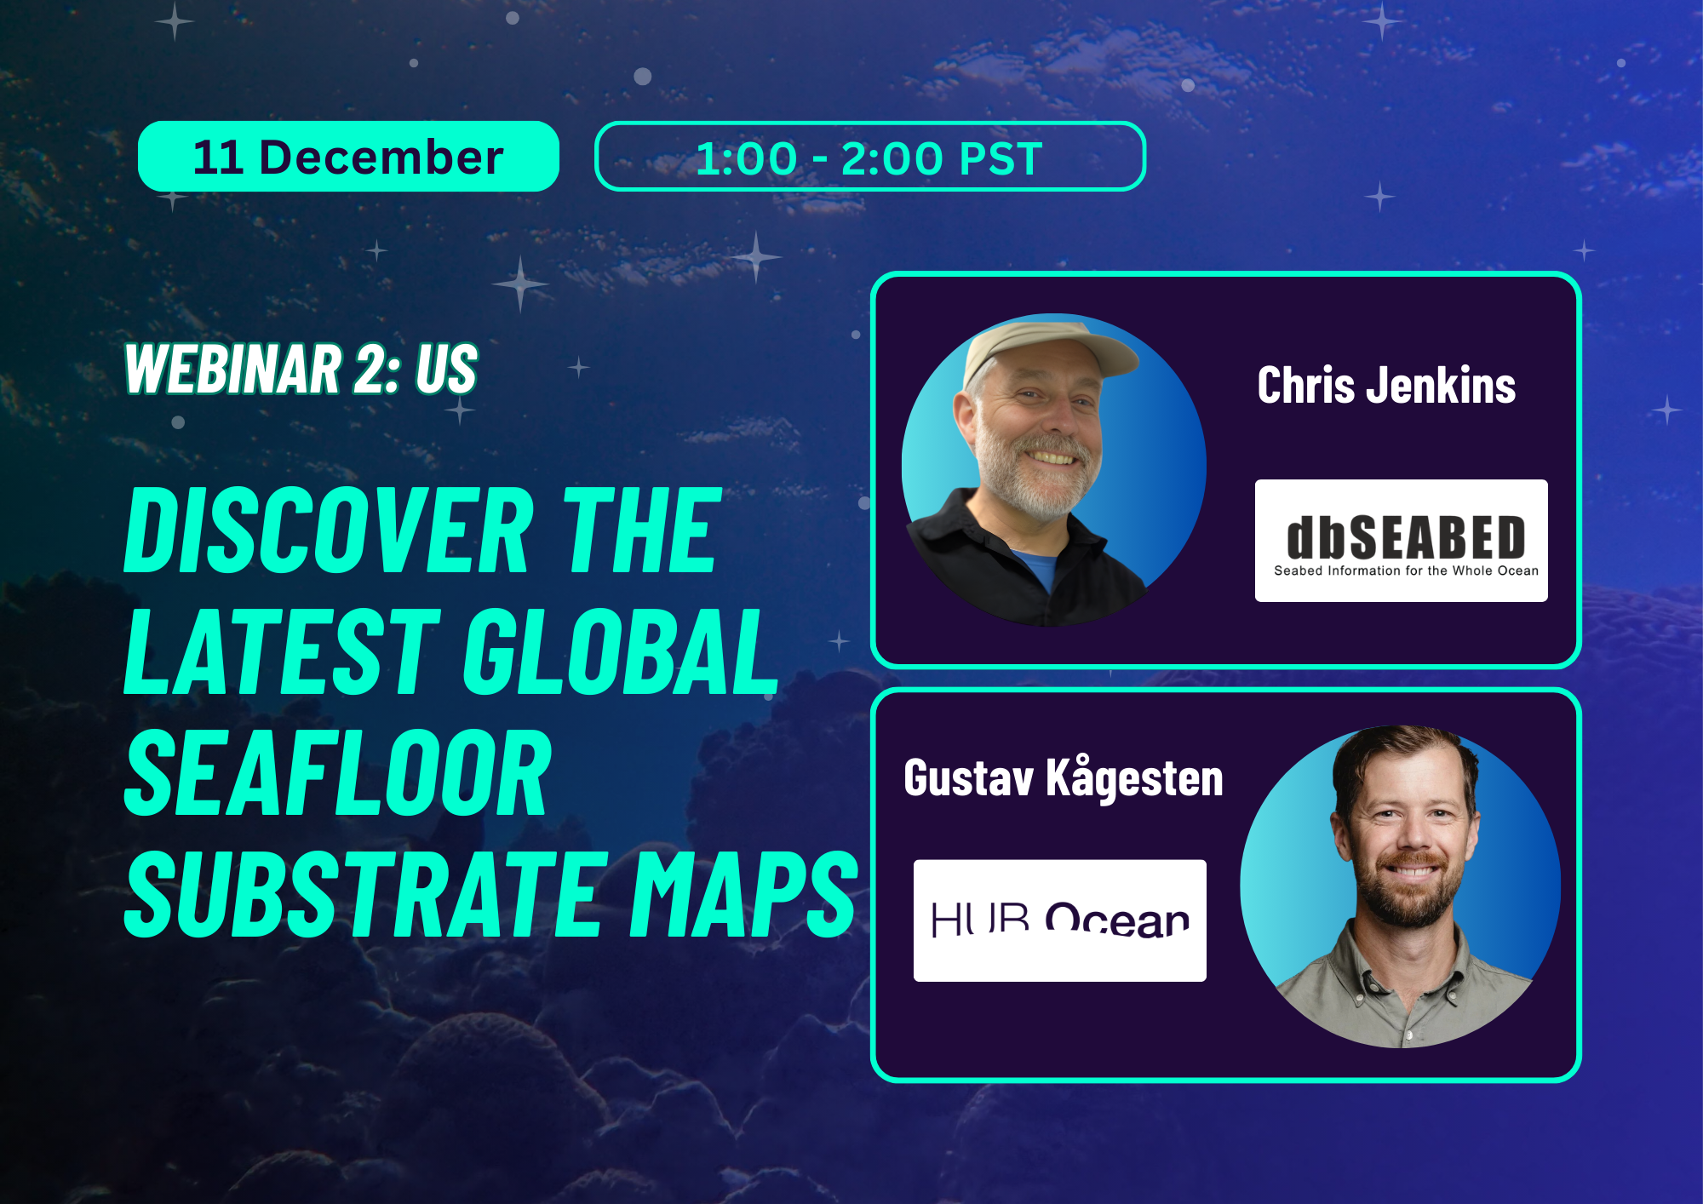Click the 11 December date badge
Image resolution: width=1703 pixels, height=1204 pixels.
tap(348, 157)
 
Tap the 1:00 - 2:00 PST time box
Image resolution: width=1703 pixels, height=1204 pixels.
tap(869, 158)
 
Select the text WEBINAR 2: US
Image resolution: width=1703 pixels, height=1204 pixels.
tap(301, 370)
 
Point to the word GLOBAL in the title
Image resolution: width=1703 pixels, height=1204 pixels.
tap(620, 652)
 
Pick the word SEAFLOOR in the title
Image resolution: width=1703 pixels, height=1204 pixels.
tap(338, 773)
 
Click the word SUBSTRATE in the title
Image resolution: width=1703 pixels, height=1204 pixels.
tap(366, 895)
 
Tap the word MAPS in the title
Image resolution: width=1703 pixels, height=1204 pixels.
tap(743, 895)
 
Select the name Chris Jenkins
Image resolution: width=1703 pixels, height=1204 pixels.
tap(1386, 386)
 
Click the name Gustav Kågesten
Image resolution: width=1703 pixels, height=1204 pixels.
tap(1064, 778)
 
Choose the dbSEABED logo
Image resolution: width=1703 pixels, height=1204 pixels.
tap(1401, 541)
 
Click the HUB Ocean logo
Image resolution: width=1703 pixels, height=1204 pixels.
tap(1059, 920)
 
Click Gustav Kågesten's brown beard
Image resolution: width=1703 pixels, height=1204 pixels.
tap(1409, 894)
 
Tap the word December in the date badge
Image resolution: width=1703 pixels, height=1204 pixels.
tap(381, 158)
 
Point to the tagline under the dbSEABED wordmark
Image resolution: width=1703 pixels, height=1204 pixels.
tap(1406, 571)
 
